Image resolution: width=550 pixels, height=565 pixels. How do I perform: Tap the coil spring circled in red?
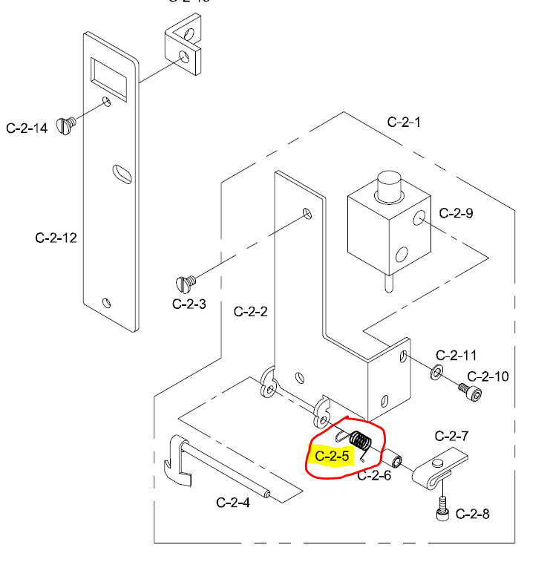(360, 442)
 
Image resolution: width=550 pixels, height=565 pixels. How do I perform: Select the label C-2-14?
(27, 128)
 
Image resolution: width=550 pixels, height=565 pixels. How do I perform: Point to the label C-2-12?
(56, 238)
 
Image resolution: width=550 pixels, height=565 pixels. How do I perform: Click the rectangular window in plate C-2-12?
(108, 74)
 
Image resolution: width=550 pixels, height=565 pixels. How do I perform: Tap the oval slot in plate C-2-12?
(121, 173)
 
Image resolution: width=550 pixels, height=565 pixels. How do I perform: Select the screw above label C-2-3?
(185, 283)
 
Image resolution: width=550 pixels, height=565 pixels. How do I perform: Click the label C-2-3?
(189, 304)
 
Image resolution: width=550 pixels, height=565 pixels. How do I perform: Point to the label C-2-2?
(250, 312)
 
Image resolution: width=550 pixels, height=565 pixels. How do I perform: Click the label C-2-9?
(456, 214)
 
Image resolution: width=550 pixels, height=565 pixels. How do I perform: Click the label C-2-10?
(488, 376)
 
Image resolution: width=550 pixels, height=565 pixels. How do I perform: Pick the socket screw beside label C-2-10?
(467, 388)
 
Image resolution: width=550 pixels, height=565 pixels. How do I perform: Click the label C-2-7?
(450, 436)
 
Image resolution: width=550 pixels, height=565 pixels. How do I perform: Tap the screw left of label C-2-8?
(442, 509)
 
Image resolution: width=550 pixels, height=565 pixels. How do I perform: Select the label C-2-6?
(374, 476)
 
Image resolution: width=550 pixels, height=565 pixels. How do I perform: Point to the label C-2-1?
(404, 122)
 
